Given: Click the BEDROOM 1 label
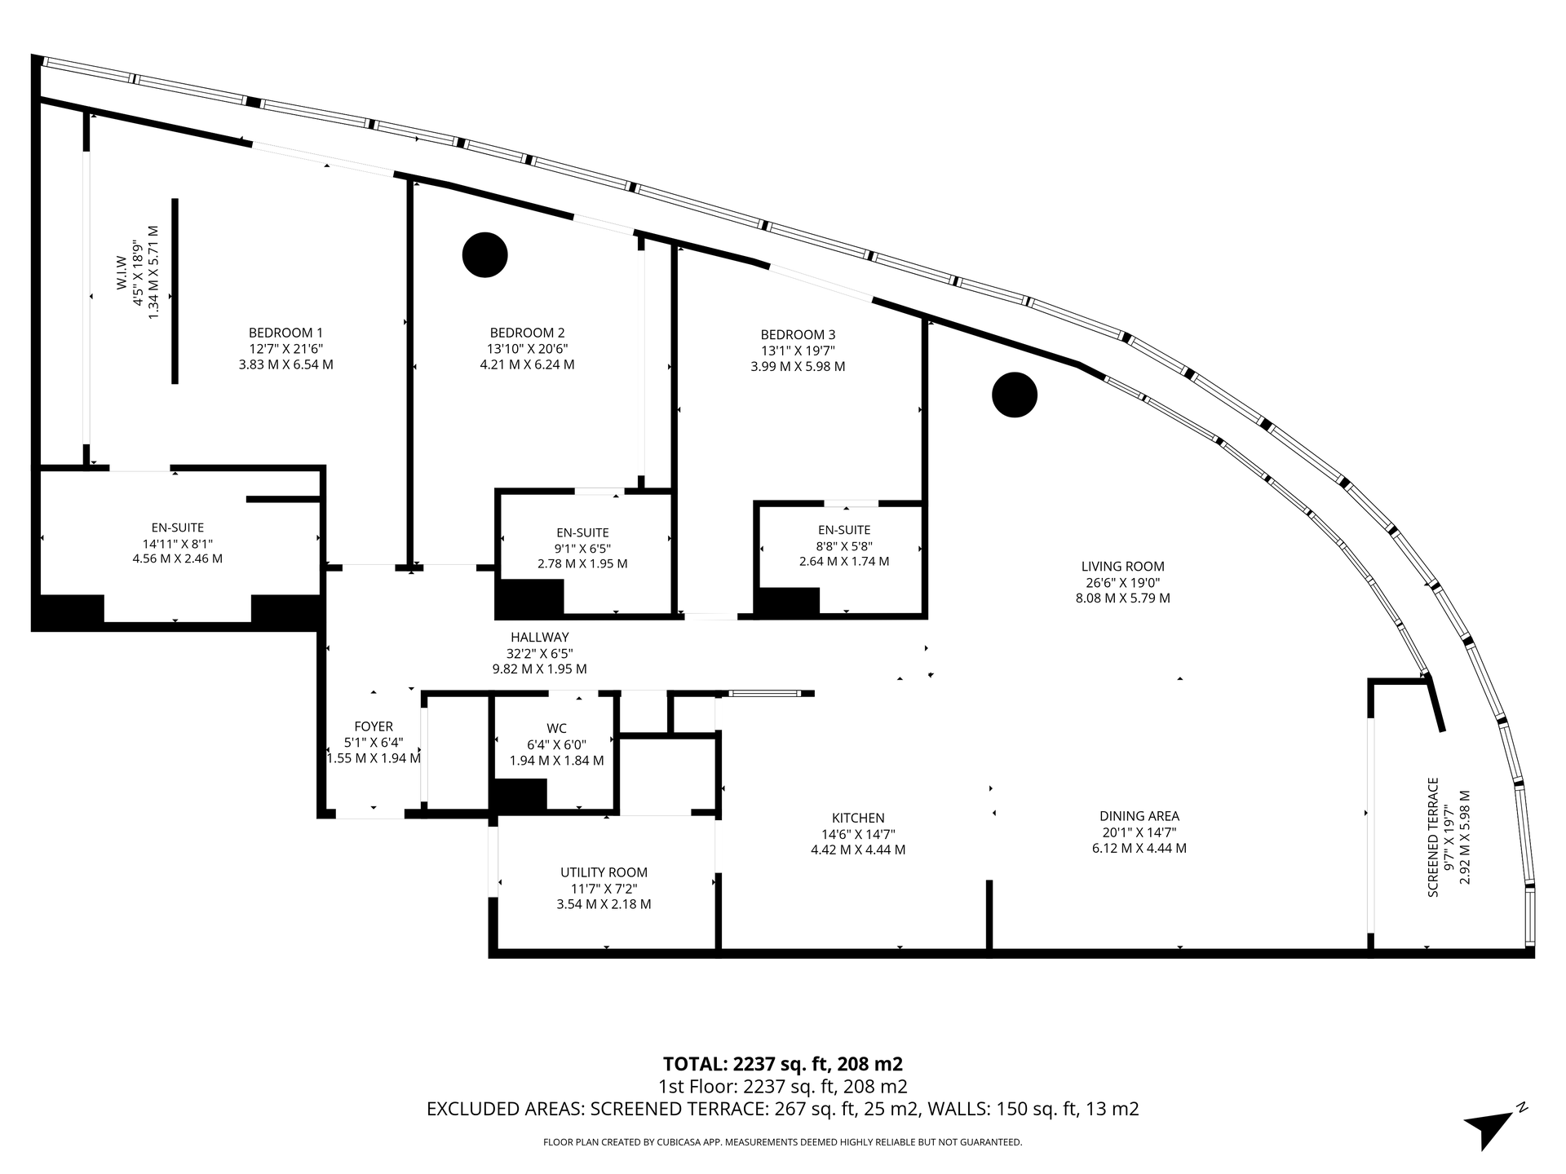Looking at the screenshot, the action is click(285, 333).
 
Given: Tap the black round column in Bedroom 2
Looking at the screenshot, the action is click(485, 254).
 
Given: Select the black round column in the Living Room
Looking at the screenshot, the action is click(1015, 395).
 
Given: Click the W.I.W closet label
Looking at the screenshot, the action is click(121, 272).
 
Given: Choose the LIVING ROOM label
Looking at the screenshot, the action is click(1123, 567).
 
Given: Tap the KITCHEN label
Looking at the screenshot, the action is click(858, 818).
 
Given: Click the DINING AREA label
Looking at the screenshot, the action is click(1139, 816).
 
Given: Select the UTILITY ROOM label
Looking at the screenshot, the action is click(604, 872).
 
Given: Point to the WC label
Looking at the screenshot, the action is click(557, 728).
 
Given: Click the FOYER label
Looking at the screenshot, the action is click(374, 726).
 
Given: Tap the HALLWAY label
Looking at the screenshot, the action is click(540, 637).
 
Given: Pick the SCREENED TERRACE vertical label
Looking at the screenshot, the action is click(1433, 837).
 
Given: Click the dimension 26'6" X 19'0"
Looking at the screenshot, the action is click(1123, 582).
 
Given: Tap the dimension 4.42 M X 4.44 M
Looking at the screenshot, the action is click(858, 850).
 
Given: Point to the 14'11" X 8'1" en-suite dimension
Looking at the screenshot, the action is click(178, 544).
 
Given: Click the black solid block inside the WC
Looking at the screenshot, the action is click(518, 796).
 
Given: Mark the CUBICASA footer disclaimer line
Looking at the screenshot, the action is click(782, 1142).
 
